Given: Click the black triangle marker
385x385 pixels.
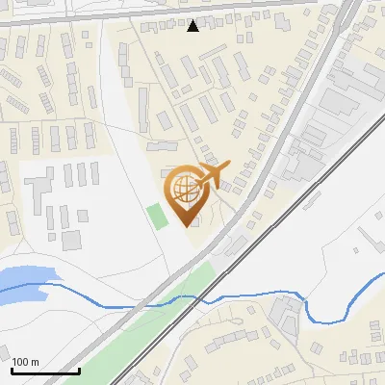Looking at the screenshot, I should pos(193,25).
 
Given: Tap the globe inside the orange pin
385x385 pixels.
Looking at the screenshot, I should pos(183,189).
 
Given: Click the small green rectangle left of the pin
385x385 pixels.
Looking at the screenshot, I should pos(156,216).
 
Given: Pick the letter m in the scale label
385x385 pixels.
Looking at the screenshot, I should pos(35,362).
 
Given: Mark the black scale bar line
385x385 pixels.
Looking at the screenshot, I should pos(45,371).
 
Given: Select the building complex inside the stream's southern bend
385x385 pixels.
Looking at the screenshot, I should pos(285,312).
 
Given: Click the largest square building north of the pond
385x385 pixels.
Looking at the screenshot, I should pos(69,239).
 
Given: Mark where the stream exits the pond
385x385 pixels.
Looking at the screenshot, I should pos(48,286).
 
